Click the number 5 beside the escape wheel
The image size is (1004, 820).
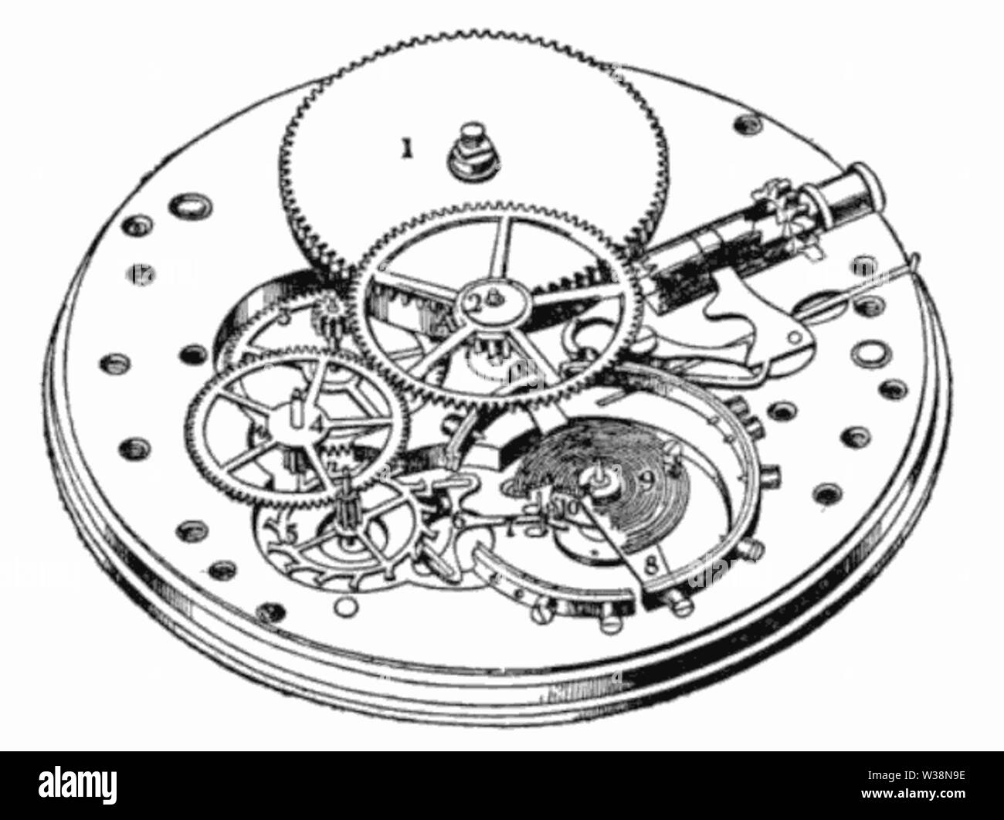[x=290, y=533]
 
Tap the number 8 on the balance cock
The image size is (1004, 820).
[x=651, y=564]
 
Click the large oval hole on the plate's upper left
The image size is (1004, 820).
[x=188, y=206]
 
